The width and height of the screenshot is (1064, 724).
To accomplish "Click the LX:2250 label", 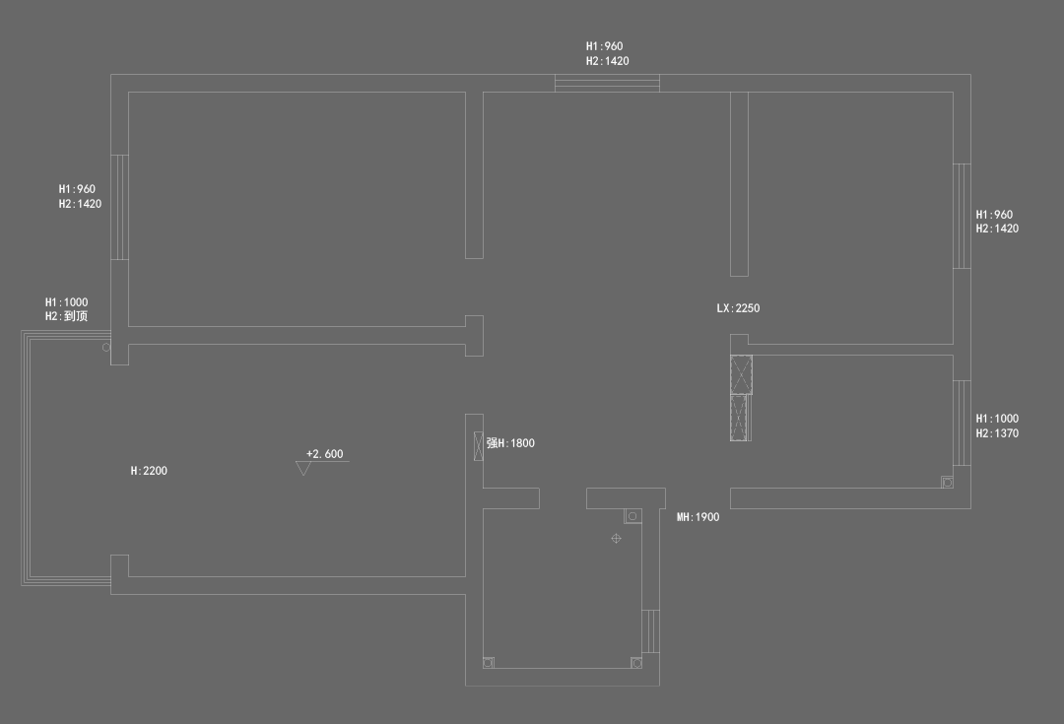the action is coord(738,308).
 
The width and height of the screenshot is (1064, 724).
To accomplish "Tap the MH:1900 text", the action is coord(698,517).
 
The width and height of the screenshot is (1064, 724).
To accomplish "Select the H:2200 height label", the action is coord(149,471).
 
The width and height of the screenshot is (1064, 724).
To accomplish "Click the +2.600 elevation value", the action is coord(325,454).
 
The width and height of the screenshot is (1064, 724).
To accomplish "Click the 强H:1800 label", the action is coord(510,443).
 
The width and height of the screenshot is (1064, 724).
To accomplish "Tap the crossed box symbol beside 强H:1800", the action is coord(479,442).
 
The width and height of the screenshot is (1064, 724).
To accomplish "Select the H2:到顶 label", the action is coord(66,316).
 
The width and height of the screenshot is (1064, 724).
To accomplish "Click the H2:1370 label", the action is coord(997,433).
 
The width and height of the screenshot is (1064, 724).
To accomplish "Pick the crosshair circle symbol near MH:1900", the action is coord(616,538).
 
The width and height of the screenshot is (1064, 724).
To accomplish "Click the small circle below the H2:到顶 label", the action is coord(106,348).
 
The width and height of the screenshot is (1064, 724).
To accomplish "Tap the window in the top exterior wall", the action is coord(607,83).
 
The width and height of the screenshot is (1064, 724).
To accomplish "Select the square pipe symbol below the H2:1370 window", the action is coord(947,482).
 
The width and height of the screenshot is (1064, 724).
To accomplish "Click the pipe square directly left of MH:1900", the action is coord(632,516).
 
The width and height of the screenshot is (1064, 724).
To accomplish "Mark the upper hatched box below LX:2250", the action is coord(741,374).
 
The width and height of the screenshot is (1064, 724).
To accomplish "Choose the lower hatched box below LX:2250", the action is coord(740,418).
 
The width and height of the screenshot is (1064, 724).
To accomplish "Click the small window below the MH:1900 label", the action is coord(650,631).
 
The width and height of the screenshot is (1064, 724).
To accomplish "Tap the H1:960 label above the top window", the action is coord(604,46).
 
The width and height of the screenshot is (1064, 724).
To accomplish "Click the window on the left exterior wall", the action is coord(119,207).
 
